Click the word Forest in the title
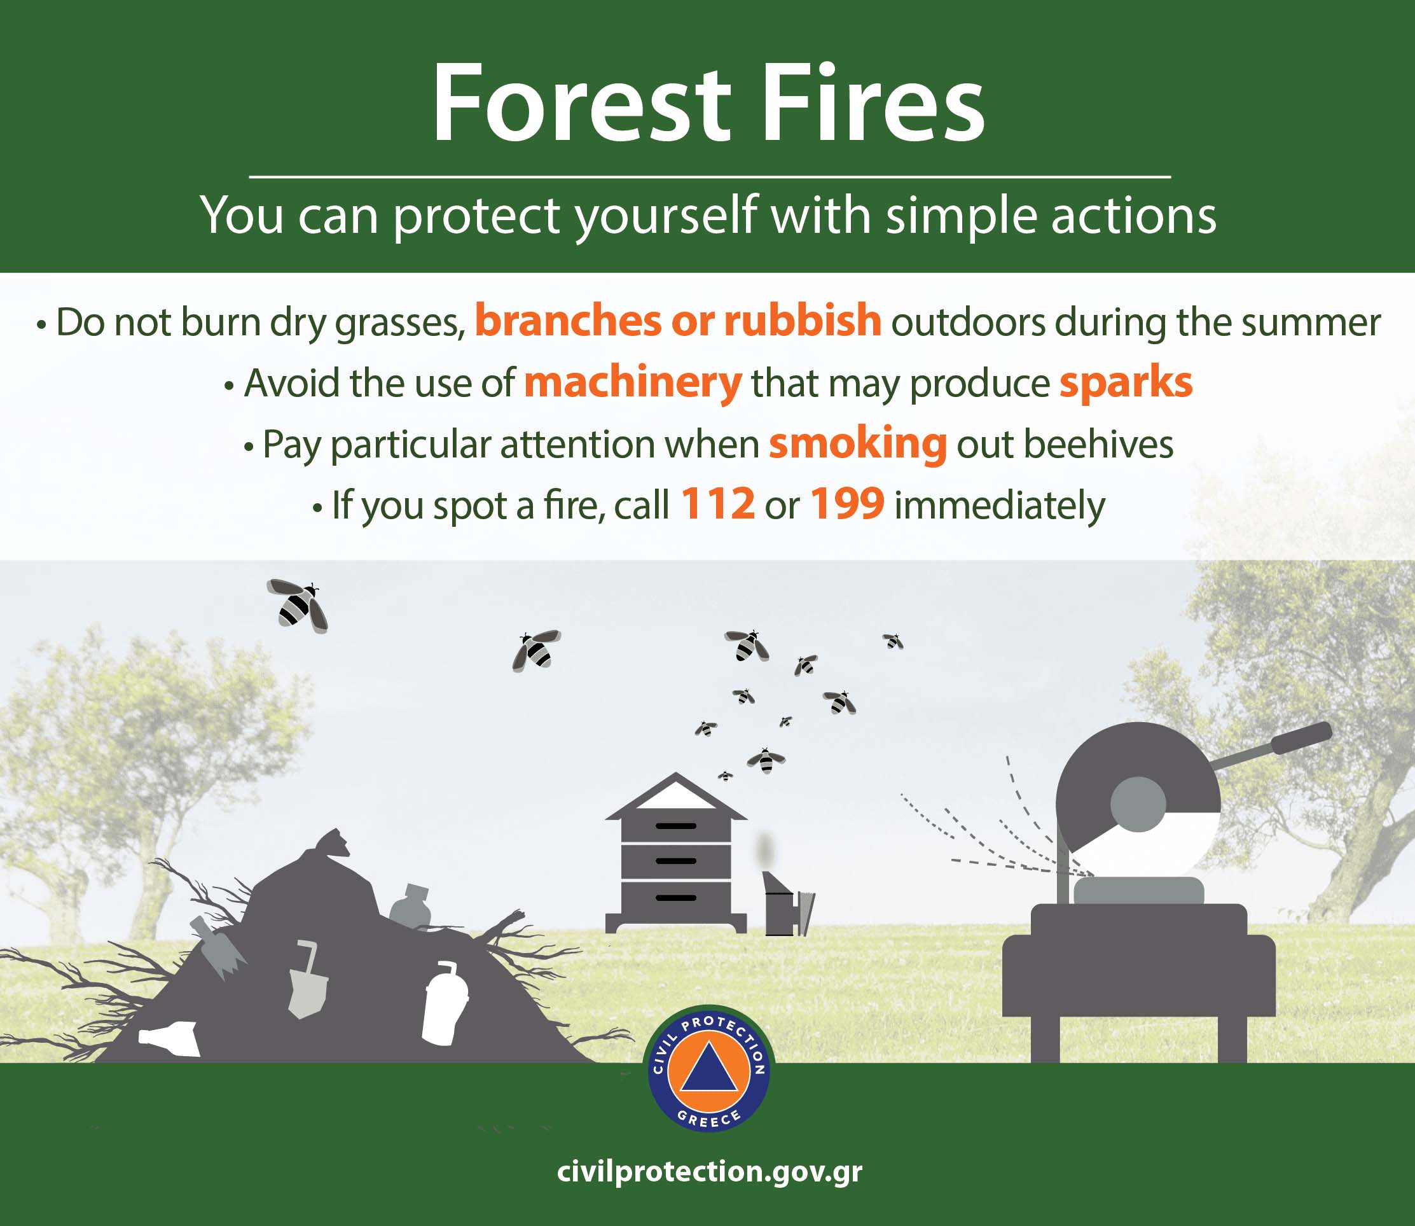[582, 103]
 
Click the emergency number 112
[717, 505]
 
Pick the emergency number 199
[847, 505]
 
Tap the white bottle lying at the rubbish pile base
[169, 1038]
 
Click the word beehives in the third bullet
[1098, 445]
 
